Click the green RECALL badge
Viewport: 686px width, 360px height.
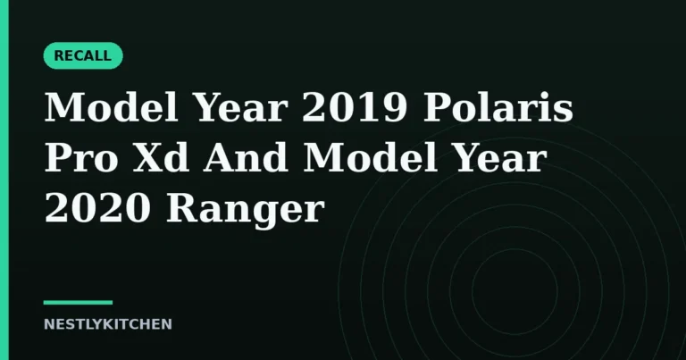tap(83, 55)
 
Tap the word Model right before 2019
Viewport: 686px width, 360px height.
tap(112, 107)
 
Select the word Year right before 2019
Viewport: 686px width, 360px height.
tap(240, 107)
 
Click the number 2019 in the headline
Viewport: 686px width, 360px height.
tap(355, 107)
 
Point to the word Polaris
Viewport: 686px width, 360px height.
tap(498, 107)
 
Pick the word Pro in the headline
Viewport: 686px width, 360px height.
tap(81, 157)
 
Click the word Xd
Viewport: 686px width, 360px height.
tap(161, 156)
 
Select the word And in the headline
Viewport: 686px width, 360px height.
tap(246, 156)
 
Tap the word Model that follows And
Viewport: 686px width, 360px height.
tap(370, 156)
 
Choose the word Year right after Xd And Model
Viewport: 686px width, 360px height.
tap(498, 157)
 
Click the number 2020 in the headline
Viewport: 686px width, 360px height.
tap(97, 208)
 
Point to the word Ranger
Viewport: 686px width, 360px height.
tap(245, 209)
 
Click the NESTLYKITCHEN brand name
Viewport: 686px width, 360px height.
tap(107, 324)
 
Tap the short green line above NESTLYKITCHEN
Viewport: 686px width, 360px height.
tap(78, 302)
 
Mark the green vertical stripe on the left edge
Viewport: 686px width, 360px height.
tap(4, 180)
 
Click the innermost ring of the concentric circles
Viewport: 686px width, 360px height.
tap(472, 290)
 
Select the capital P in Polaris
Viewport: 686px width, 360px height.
tap(439, 107)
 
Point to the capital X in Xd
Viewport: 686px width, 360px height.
tap(147, 157)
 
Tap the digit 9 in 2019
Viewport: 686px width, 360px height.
tap(395, 107)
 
